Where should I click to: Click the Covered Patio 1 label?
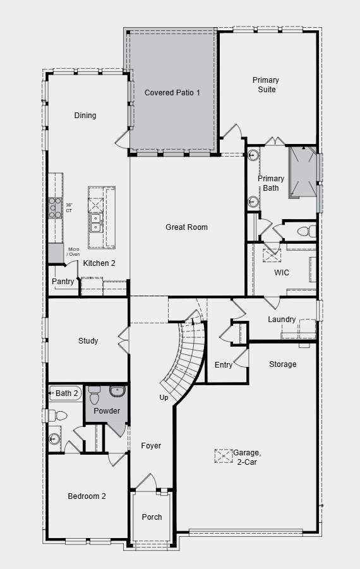point(172,93)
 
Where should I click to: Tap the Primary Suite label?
point(265,85)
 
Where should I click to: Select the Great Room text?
point(186,227)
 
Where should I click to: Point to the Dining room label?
point(85,116)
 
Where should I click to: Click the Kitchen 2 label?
point(99,263)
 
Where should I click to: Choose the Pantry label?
point(63,282)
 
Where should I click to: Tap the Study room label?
point(88,341)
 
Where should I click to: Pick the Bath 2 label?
point(67,393)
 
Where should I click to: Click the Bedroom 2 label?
point(87,496)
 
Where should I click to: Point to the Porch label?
point(152,517)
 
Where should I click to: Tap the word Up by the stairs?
point(164,398)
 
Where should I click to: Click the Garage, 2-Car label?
point(246,457)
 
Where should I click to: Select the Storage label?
point(282,364)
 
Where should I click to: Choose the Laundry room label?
point(282,320)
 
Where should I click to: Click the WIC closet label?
point(281,273)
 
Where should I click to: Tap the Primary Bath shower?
point(302,172)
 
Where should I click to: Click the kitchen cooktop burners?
point(55,208)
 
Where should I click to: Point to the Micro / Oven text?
point(74,252)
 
